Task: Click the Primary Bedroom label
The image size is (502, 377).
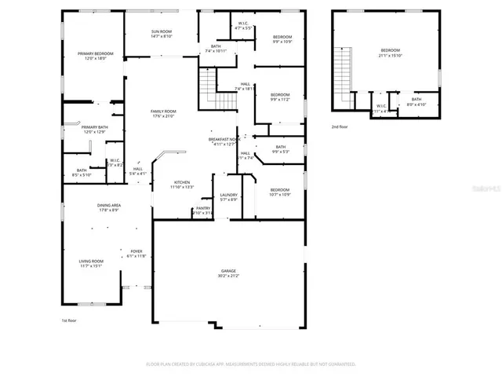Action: point(91,53)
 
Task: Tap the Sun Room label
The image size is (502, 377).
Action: point(162,31)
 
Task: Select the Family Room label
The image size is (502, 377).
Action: point(163,112)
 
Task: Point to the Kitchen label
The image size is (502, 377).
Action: point(182,182)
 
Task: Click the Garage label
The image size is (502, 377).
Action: point(228,271)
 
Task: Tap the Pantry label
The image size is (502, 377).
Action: point(202,208)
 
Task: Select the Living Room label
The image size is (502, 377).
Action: point(91,261)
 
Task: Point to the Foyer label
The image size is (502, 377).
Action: point(136,251)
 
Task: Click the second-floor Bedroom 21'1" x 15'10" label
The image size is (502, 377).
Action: point(391,50)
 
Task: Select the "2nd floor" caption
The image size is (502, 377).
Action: point(339,126)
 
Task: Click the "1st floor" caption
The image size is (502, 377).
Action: point(70,320)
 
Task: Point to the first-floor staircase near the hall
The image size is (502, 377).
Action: point(207,82)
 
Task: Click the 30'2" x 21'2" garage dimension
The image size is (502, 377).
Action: point(228,276)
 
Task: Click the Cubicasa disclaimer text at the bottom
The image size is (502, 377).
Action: point(251,364)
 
